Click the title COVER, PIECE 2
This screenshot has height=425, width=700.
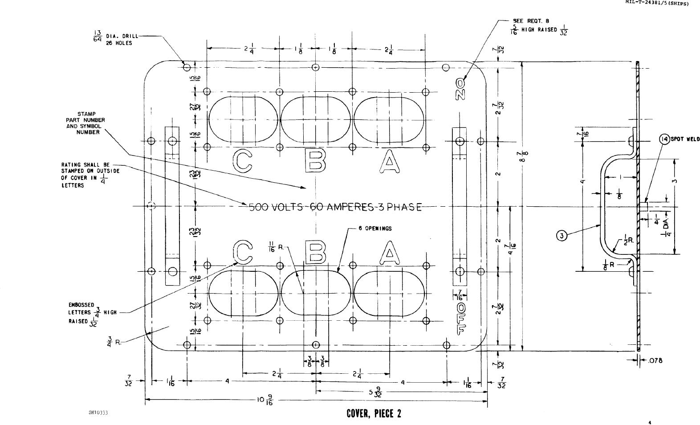click(x=374, y=414)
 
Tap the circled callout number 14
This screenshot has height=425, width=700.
click(x=664, y=139)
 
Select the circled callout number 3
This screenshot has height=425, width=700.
click(x=562, y=236)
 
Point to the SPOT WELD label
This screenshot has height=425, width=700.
click(x=685, y=139)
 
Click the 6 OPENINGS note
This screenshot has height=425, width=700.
click(x=375, y=229)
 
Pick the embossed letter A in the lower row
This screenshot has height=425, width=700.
click(x=390, y=253)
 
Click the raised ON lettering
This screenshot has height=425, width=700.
click(x=460, y=89)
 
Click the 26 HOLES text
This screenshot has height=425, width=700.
click(x=118, y=43)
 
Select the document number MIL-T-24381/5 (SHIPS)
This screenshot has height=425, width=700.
click(x=657, y=3)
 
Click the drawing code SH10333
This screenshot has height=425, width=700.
click(x=98, y=413)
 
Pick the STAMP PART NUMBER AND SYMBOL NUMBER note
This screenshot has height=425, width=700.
click(x=85, y=123)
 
